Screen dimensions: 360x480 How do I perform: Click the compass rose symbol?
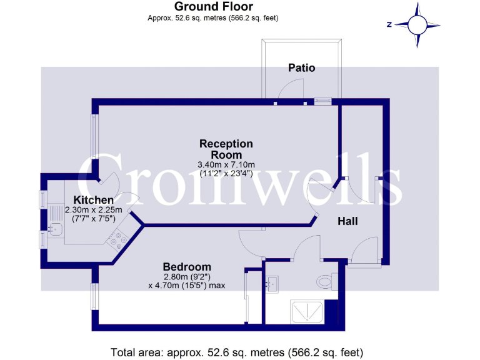pyautogui.click(x=417, y=25)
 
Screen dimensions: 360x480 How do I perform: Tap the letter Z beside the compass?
pyautogui.click(x=389, y=25)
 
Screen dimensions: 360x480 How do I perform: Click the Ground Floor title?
pyautogui.click(x=212, y=7)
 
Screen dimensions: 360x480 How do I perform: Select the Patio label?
pyautogui.click(x=301, y=67)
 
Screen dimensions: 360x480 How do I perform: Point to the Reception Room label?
pyautogui.click(x=226, y=149)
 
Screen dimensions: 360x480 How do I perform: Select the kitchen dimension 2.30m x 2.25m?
pyautogui.click(x=93, y=210)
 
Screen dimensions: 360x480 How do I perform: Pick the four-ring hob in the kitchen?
pyautogui.click(x=118, y=240)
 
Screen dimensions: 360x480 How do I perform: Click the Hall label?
pyautogui.click(x=347, y=221)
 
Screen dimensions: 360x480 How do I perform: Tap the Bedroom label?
pyautogui.click(x=187, y=266)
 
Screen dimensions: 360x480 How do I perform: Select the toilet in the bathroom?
pyautogui.click(x=326, y=282)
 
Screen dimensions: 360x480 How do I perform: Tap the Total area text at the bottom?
pyautogui.click(x=236, y=351)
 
